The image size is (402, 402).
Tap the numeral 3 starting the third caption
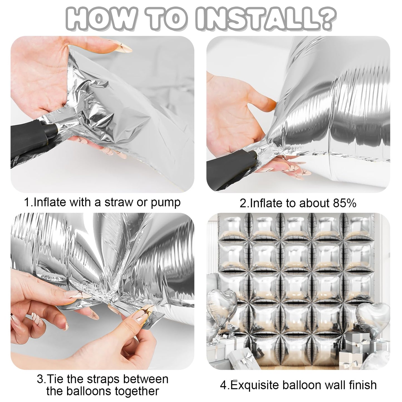40,374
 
